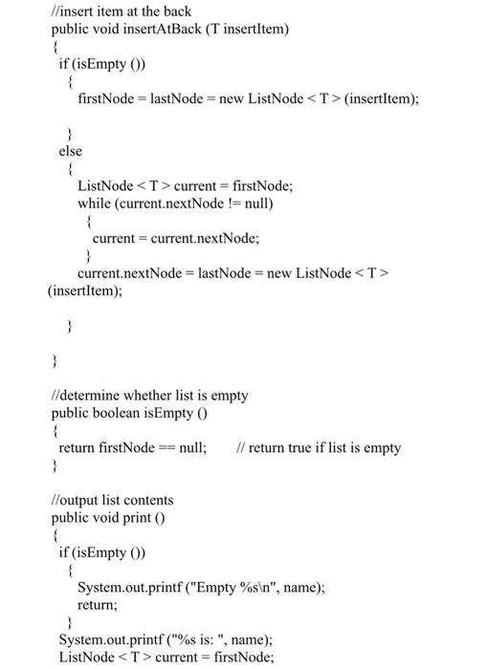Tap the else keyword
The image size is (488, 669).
pyautogui.click(x=71, y=151)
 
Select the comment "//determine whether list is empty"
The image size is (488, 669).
pyautogui.click(x=149, y=396)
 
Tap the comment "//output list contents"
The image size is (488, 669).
pyautogui.click(x=112, y=501)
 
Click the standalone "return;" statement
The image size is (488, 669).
pyautogui.click(x=98, y=605)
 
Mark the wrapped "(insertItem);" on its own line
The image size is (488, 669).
pyautogui.click(x=85, y=291)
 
